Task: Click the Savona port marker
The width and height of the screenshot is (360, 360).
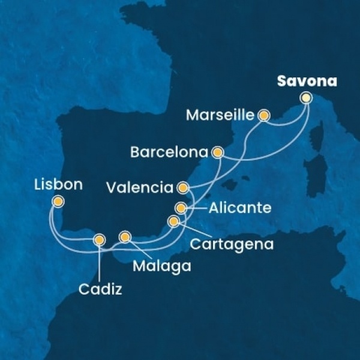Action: pos(307,97)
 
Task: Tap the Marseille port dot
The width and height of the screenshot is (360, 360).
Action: pos(263,115)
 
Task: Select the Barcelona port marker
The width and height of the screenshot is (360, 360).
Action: pos(218,152)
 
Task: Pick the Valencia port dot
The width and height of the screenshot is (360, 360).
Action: pos(183,187)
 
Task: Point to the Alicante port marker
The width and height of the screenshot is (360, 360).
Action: pos(181,208)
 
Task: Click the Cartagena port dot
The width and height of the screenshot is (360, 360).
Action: pos(173,221)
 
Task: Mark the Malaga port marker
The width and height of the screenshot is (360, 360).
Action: pos(125,236)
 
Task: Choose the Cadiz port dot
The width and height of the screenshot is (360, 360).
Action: pos(99,240)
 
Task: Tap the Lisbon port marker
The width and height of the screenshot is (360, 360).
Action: pos(58,202)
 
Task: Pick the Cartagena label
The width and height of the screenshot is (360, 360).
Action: pos(232,244)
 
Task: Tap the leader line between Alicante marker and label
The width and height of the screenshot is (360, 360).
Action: pos(196,209)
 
